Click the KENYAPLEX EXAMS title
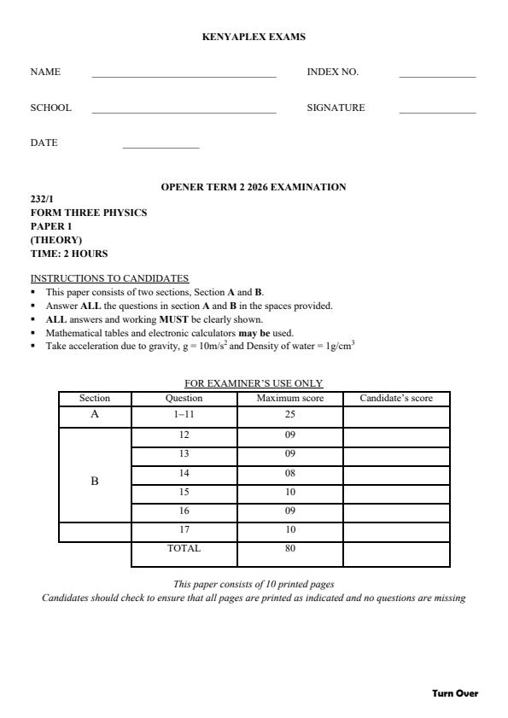254,37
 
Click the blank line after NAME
184,76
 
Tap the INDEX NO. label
332,72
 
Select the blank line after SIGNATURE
436,112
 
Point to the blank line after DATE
161,148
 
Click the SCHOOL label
51,108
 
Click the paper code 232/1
42,199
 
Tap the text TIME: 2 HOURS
69,254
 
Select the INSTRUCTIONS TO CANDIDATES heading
109,278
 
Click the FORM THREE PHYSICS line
89,213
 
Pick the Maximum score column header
290,398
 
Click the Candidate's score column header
396,398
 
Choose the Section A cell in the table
95,414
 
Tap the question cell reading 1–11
184,414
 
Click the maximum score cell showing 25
290,414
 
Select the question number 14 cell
184,472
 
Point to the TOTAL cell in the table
184,548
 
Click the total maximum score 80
290,548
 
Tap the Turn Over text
455,693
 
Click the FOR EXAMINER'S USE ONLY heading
254,383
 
